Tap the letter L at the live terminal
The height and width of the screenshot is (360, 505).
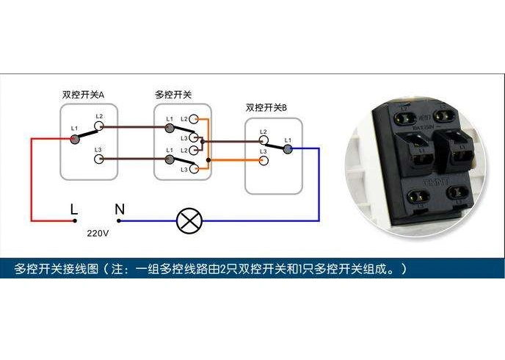pos(73,209)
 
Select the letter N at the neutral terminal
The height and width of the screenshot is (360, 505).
pos(120,209)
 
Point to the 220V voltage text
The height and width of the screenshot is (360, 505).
pos(98,233)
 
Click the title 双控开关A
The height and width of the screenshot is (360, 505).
pos(83,96)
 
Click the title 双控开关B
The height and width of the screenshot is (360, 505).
pos(266,108)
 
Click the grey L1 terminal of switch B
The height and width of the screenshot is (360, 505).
pos(288,148)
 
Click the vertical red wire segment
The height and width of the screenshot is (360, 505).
pos(31,180)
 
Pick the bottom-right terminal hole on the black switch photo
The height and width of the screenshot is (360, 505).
pos(455,196)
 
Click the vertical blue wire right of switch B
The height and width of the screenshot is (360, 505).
pos(319,184)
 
